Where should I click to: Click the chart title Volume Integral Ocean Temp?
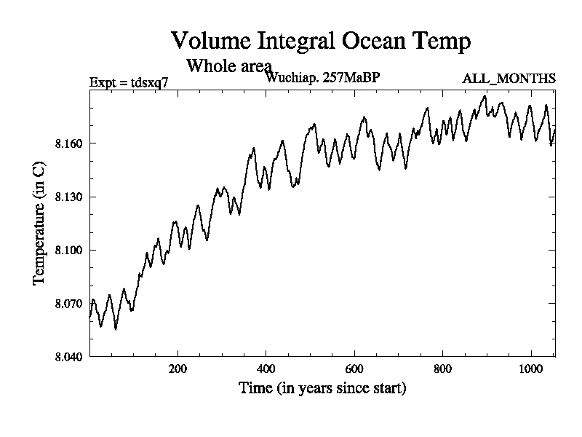point(320,41)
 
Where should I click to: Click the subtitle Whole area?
point(229,66)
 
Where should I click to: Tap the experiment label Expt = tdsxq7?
point(129,82)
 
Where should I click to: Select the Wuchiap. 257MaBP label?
point(323,77)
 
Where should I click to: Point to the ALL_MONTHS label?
point(509,78)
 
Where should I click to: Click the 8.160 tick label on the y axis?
point(69,143)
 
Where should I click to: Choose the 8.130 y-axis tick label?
point(69,197)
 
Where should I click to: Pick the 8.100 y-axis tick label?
point(69,250)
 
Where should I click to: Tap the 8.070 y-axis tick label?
point(69,303)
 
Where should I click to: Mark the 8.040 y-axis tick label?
point(69,356)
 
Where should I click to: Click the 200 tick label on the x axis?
point(178,369)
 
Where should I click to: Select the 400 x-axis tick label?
point(266,369)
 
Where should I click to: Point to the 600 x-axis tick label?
point(354,369)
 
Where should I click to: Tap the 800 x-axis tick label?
point(442,369)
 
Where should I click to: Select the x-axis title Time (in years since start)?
point(322,388)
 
